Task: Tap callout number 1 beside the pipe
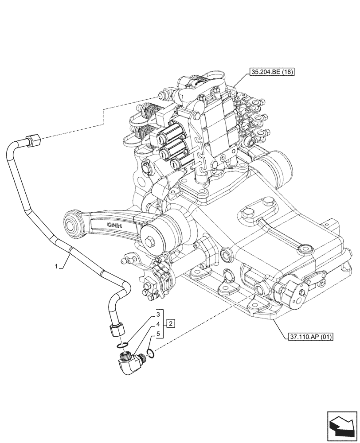point(56,266)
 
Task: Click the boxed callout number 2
point(171,323)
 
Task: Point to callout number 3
point(157,315)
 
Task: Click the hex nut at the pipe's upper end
point(34,141)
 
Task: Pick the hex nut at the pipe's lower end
point(117,330)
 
